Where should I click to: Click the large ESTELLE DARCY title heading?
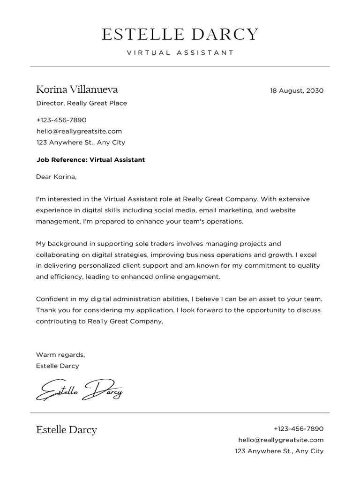pos(180,34)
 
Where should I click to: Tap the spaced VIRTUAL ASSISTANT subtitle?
pos(180,52)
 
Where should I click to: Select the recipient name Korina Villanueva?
pos(77,90)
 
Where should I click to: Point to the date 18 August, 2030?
pos(297,90)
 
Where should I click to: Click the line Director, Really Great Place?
pos(82,103)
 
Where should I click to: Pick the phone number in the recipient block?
pos(61,120)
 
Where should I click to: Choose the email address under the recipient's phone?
pos(79,131)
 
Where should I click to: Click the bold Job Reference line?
pos(90,160)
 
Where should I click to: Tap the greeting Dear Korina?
pos(56,177)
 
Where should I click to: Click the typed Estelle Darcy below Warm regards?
pos(58,366)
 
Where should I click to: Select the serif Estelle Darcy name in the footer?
pos(67,430)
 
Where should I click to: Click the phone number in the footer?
pos(298,428)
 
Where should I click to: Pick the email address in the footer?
pos(281,440)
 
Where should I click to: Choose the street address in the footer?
pos(279,451)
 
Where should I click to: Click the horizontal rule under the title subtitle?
pos(180,67)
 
